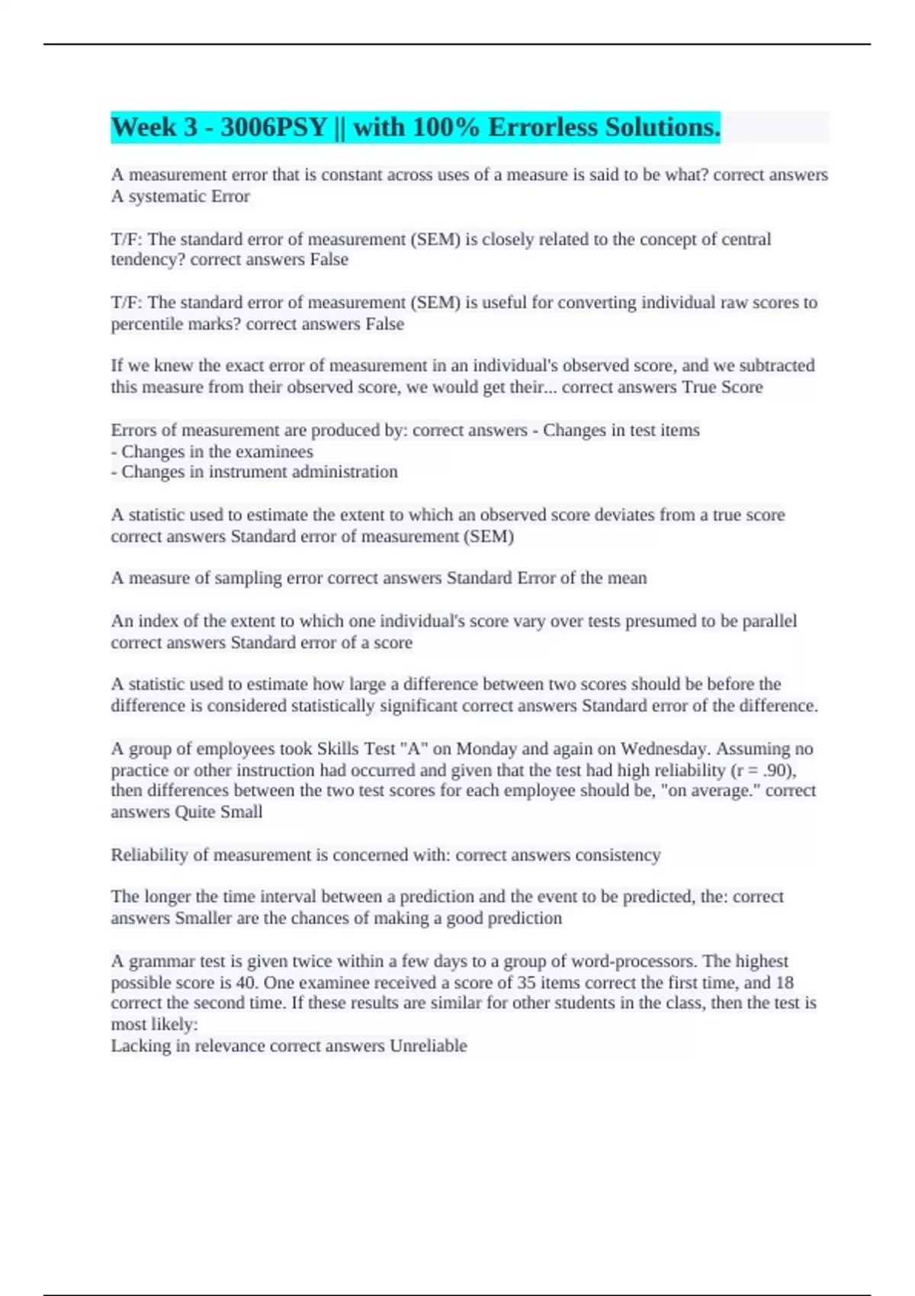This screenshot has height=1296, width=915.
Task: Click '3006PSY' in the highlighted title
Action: pyautogui.click(x=274, y=127)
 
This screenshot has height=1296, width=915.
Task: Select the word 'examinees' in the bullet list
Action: pyautogui.click(x=273, y=451)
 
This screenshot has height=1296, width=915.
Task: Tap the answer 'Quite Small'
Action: pyautogui.click(x=219, y=812)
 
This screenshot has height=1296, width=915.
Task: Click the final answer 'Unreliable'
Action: pyautogui.click(x=429, y=1046)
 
